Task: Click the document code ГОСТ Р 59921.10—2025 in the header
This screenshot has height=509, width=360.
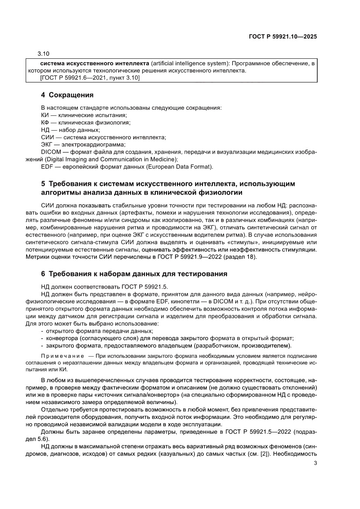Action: [x=283, y=37]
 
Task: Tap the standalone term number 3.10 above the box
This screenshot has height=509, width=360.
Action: [x=44, y=54]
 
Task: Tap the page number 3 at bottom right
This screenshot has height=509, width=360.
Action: [x=315, y=463]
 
